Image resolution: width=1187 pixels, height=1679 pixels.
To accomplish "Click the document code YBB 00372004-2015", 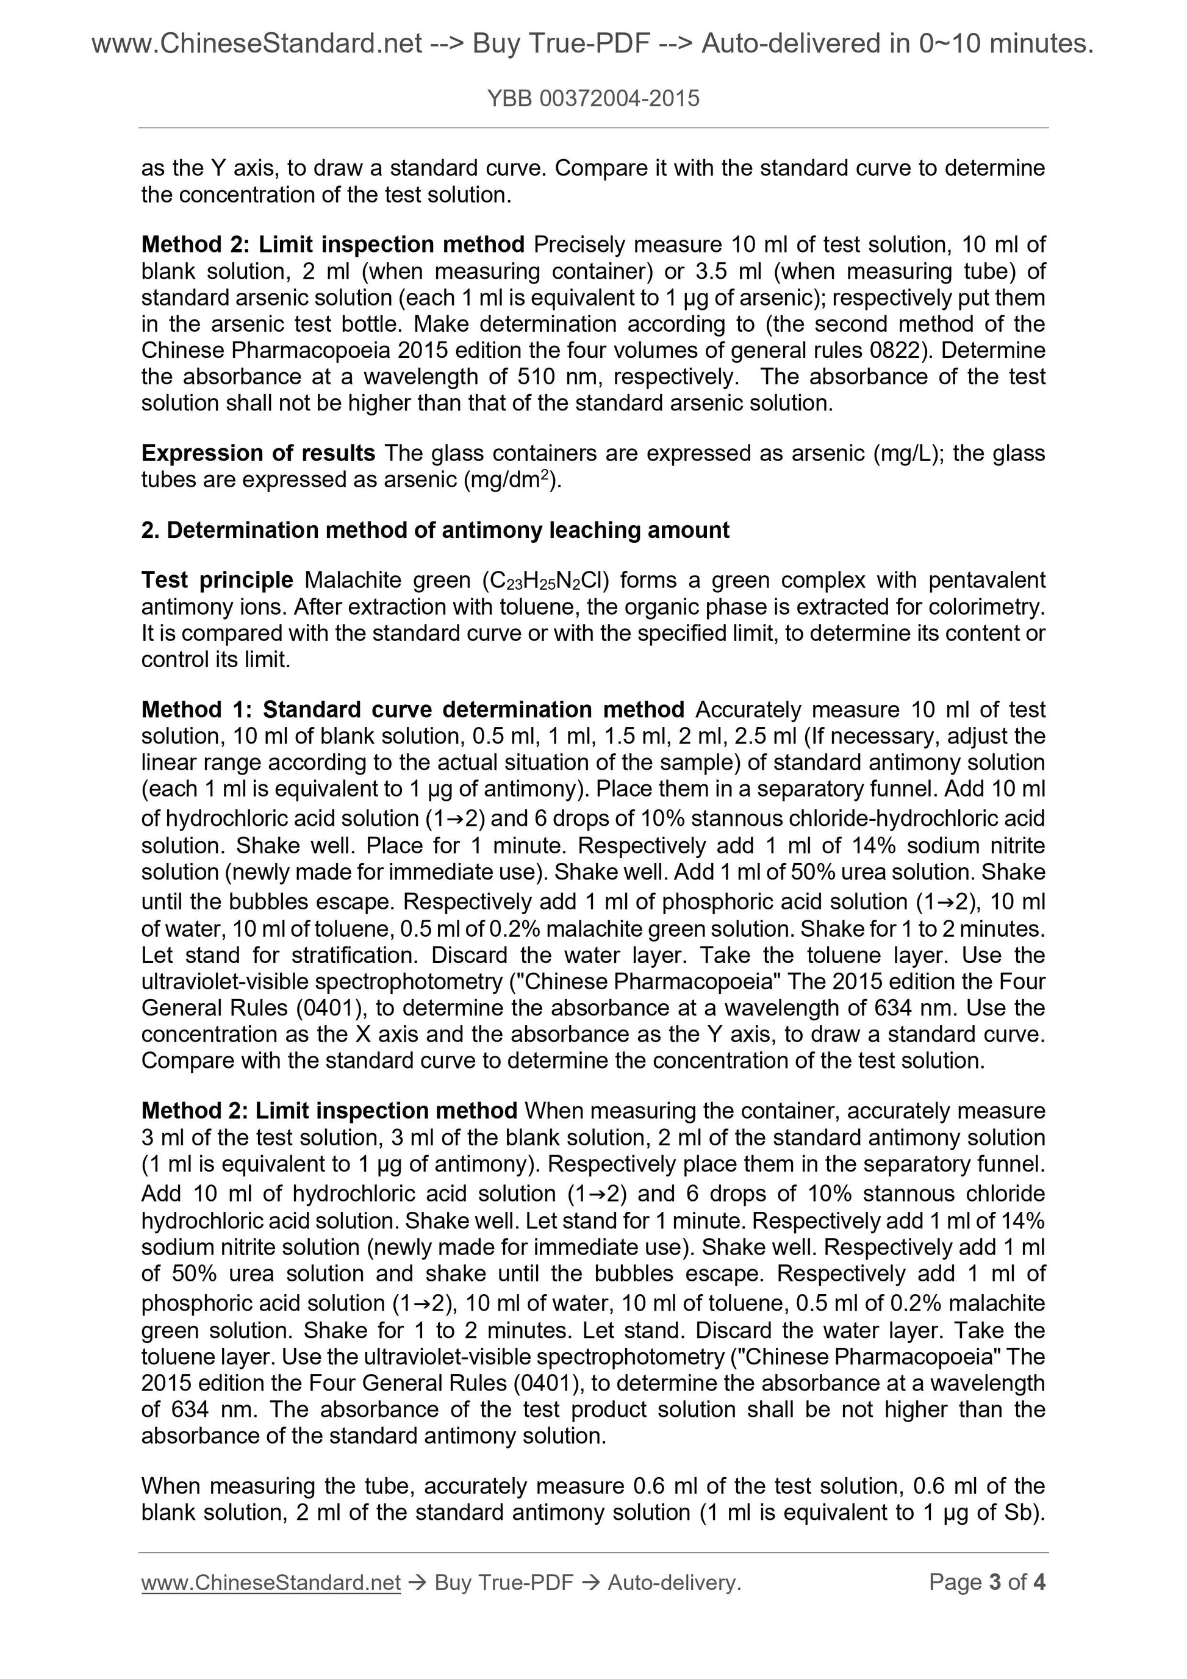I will point(593,98).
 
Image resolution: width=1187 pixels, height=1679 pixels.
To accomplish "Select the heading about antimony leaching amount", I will point(435,530).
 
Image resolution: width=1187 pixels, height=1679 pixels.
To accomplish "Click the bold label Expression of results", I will point(258,453).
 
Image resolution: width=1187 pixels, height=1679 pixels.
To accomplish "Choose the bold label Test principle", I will point(217,580).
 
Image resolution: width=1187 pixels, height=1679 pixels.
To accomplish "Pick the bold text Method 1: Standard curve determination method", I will point(412,709).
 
